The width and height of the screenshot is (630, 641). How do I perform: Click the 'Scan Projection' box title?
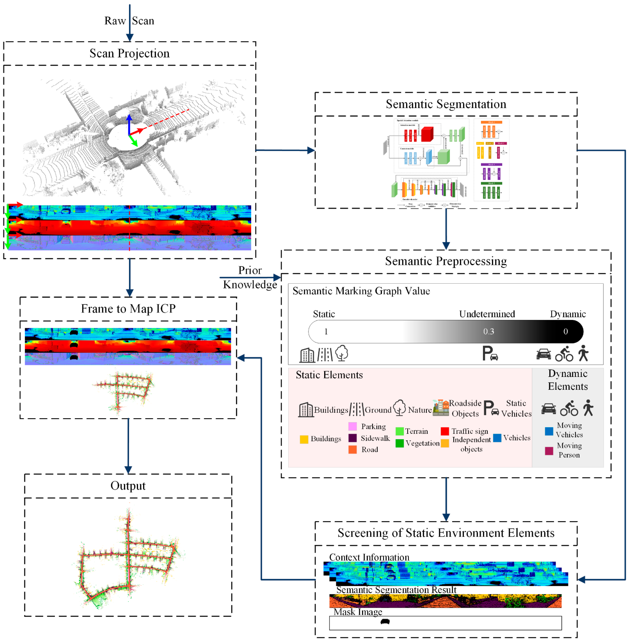click(129, 53)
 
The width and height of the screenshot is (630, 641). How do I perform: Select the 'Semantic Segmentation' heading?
click(446, 104)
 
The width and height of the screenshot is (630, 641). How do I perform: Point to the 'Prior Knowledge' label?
click(250, 277)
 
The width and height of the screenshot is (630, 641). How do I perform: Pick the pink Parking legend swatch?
click(352, 426)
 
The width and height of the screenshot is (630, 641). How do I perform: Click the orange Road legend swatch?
click(352, 449)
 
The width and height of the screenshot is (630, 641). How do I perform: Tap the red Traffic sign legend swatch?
click(445, 431)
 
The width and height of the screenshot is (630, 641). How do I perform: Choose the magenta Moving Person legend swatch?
click(549, 451)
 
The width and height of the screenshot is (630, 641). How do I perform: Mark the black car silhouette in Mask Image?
click(385, 621)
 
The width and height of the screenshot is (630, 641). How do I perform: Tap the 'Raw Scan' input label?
click(129, 21)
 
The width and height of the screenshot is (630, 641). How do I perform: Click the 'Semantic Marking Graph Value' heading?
click(361, 291)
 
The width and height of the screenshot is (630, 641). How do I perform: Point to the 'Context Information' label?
click(369, 557)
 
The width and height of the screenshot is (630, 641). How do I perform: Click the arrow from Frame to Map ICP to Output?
click(128, 446)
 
